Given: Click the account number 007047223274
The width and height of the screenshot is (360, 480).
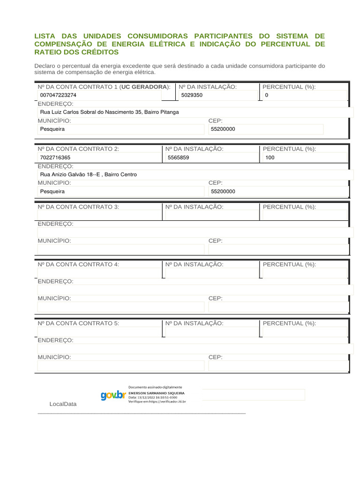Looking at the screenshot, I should (58, 95).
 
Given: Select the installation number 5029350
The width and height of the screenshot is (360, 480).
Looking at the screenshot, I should (192, 95).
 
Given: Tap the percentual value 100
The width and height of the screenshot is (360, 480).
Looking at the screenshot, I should (270, 158).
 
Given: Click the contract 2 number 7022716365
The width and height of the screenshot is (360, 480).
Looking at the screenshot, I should (55, 158).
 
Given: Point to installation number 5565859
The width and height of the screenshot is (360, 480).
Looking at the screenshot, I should (179, 158).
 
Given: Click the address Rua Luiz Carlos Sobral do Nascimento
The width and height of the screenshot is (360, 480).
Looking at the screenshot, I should (109, 112).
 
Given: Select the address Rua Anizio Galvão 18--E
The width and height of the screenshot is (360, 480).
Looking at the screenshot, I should (89, 174).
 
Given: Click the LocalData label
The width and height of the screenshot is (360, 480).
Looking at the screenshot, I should (63, 404).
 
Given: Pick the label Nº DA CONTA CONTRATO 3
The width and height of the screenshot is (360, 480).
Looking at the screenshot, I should (78, 207).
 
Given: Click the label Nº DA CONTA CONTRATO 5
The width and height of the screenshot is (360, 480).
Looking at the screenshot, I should (78, 323).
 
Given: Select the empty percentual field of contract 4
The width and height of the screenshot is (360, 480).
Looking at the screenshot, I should (305, 273).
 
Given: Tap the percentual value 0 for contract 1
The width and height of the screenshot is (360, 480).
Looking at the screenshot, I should (267, 95).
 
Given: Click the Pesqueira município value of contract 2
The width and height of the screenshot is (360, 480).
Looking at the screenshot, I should (52, 192).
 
